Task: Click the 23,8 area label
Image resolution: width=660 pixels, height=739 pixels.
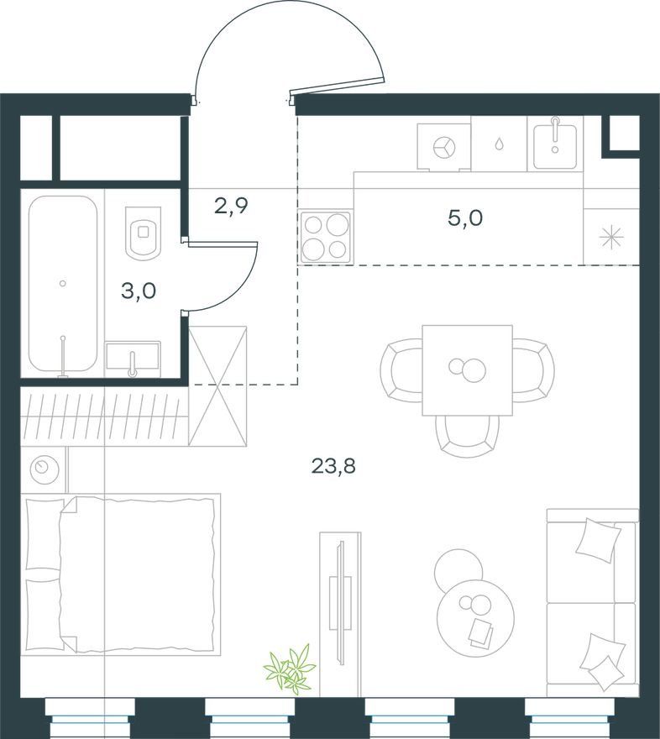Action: tap(333, 467)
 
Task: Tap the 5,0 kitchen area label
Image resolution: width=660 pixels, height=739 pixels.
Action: tap(465, 218)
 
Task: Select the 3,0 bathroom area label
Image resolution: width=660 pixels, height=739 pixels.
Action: tap(139, 291)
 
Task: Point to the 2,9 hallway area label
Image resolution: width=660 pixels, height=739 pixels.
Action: tap(231, 206)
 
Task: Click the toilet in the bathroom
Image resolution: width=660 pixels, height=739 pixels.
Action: tap(144, 233)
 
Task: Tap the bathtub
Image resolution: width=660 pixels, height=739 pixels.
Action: tap(63, 284)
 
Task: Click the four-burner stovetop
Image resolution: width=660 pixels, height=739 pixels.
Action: tap(326, 237)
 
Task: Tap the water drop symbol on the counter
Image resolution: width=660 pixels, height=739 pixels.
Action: tap(499, 144)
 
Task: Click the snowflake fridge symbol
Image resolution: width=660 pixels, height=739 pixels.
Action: tap(611, 237)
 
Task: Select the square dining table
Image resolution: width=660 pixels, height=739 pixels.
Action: tap(468, 370)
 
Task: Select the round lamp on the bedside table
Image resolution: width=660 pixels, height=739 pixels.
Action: tap(45, 468)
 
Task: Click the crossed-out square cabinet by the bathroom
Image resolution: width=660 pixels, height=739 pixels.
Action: tap(217, 385)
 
